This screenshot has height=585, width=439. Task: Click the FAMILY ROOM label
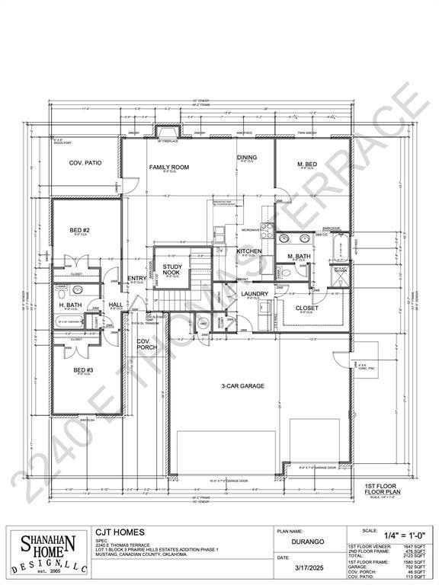pyautogui.click(x=168, y=167)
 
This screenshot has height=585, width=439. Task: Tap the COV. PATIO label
pyautogui.click(x=85, y=163)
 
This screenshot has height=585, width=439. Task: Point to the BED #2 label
pyautogui.click(x=80, y=230)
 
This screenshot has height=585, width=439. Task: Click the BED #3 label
pyautogui.click(x=83, y=370)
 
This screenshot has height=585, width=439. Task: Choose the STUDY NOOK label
pyautogui.click(x=171, y=269)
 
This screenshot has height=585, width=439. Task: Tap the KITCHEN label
pyautogui.click(x=249, y=251)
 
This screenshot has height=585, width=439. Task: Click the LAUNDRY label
pyautogui.click(x=254, y=293)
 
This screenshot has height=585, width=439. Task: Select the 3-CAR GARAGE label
pyautogui.click(x=244, y=386)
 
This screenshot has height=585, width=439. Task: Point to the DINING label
pyautogui.click(x=246, y=158)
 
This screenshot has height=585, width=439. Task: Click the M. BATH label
pyautogui.click(x=299, y=256)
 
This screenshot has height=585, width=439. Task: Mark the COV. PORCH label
pyautogui.click(x=147, y=344)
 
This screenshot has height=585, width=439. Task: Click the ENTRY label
pyautogui.click(x=137, y=278)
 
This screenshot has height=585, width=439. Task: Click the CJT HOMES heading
pyautogui.click(x=120, y=532)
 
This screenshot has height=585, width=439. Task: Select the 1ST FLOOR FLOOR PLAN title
pyautogui.click(x=378, y=488)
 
